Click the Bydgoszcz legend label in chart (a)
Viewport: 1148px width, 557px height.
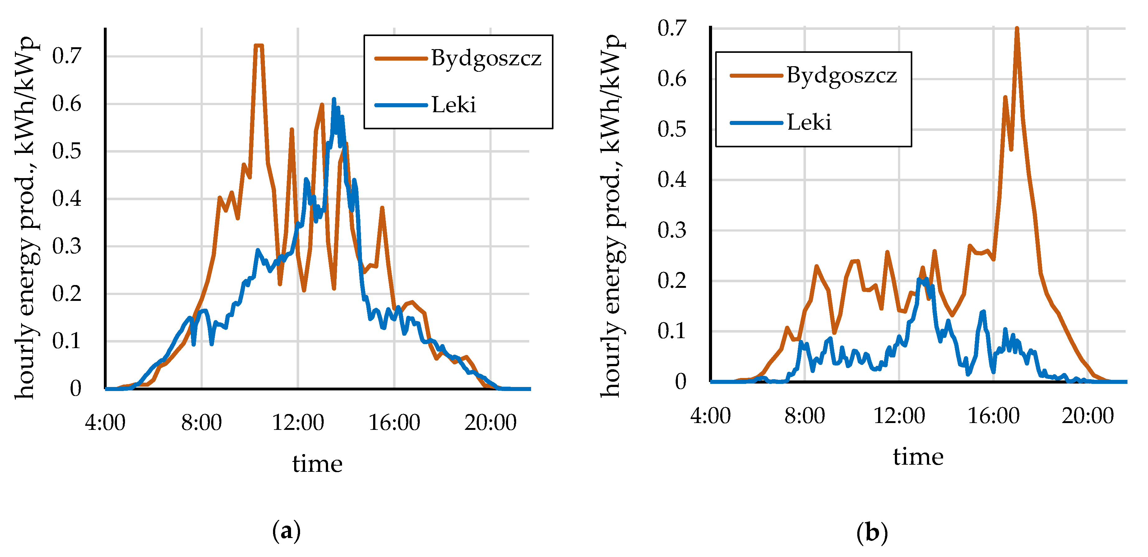pos(486,59)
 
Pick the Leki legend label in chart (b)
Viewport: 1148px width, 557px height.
pos(809,122)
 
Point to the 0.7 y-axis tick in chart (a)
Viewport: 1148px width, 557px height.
pos(67,56)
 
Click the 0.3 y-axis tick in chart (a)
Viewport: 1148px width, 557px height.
pos(67,246)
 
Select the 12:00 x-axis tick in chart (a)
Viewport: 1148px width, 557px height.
pos(298,422)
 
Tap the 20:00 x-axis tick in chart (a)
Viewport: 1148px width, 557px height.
pos(490,422)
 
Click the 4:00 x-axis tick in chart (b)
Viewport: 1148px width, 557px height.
pos(711,416)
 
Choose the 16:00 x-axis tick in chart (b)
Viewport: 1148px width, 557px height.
pos(993,416)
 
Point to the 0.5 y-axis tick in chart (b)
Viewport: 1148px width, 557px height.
pos(672,130)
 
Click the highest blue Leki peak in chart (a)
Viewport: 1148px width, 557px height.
pos(334,100)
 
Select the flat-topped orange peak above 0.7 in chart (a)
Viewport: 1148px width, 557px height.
pos(258,45)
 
